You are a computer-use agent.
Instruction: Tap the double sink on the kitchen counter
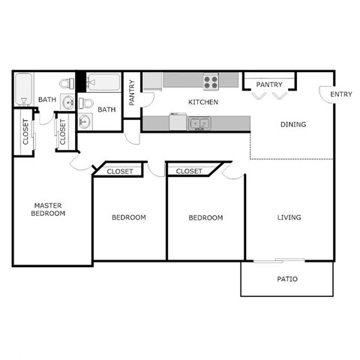coord(199,123)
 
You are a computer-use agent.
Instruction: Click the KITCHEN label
coord(203,102)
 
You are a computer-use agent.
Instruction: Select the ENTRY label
coord(341,94)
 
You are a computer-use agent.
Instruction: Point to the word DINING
coord(292,124)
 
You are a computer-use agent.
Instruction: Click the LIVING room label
coord(289,217)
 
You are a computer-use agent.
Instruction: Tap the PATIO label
coord(287,279)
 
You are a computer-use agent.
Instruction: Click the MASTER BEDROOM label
coord(48,209)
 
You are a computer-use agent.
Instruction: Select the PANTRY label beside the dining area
coord(268,85)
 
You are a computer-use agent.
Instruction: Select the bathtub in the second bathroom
coord(103,82)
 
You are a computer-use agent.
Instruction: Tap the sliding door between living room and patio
coord(278,260)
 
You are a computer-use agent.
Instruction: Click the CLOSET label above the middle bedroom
coord(120,172)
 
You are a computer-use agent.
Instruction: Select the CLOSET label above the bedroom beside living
coord(189,172)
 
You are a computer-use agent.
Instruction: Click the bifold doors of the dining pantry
coord(269,95)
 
